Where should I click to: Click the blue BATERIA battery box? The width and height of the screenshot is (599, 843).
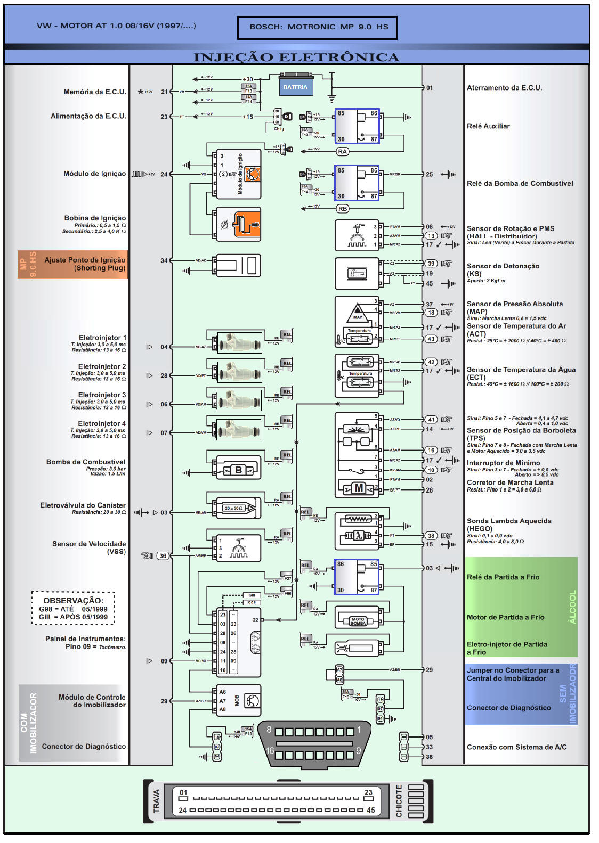tap(295, 87)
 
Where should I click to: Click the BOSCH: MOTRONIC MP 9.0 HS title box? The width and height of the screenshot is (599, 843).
tap(318, 27)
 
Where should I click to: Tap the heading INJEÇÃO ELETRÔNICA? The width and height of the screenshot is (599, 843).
tap(296, 57)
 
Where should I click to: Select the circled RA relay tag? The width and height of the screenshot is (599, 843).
tap(342, 152)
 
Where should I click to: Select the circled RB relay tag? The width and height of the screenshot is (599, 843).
tap(342, 209)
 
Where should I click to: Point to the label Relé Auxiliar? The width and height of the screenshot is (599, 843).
tap(488, 126)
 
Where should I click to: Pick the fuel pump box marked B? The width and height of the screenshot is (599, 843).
tap(238, 470)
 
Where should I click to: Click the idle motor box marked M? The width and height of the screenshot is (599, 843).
tap(359, 488)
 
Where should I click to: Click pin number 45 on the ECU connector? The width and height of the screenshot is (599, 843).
tap(371, 810)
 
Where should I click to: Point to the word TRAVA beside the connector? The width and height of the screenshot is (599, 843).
tap(156, 801)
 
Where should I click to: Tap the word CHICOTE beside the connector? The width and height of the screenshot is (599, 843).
tap(399, 801)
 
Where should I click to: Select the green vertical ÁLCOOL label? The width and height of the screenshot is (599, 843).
tap(572, 607)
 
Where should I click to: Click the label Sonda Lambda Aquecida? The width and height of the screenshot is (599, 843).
tap(509, 521)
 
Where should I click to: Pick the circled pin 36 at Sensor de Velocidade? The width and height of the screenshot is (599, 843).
tap(163, 555)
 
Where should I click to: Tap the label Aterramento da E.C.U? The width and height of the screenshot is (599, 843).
tap(504, 88)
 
